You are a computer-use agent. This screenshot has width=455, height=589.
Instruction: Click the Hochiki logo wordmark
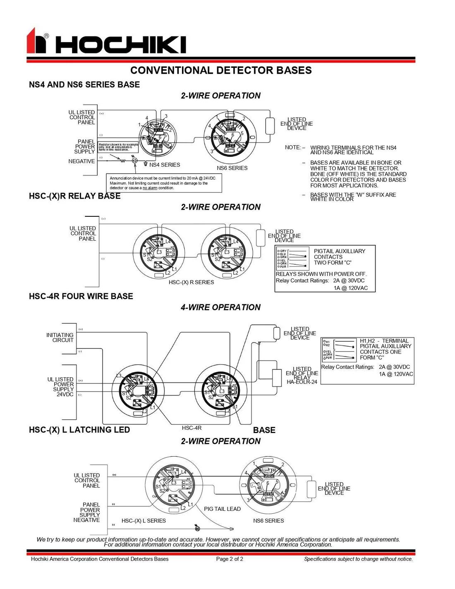[x=120, y=44]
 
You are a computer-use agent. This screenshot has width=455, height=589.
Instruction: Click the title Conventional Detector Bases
[x=221, y=70]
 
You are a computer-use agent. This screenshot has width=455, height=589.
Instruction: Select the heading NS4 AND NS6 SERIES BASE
[x=84, y=85]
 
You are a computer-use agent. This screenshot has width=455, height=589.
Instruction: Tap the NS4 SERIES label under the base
[x=165, y=165]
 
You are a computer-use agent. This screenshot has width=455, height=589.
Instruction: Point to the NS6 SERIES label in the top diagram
[x=232, y=168]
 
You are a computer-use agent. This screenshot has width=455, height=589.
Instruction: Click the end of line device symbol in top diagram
[x=270, y=126]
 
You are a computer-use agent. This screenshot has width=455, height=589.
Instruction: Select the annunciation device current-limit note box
[x=164, y=183]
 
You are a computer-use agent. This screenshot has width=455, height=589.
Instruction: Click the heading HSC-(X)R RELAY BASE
[x=75, y=196]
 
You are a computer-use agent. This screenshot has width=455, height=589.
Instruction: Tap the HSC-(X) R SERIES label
[x=191, y=282]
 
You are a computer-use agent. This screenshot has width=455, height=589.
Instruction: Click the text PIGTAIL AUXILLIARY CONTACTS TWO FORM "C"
[x=339, y=257]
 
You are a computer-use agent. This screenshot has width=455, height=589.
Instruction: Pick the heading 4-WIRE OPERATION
[x=220, y=307]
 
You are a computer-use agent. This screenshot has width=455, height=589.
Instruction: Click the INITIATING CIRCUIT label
[x=60, y=338]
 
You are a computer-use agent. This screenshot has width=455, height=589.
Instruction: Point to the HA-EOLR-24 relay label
[x=302, y=382]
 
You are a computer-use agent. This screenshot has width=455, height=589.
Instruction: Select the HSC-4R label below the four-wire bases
[x=192, y=428]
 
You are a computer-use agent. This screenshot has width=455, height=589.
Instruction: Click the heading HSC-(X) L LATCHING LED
[x=79, y=430]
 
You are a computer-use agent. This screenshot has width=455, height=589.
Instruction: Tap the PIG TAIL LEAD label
[x=222, y=509]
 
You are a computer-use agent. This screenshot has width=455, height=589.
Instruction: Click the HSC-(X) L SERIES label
[x=144, y=521]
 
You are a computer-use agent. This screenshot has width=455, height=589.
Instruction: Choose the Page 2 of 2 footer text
[x=230, y=559]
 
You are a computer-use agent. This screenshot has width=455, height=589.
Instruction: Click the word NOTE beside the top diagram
[x=292, y=147]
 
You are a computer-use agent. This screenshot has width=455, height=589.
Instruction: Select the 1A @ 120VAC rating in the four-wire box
[x=396, y=374]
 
